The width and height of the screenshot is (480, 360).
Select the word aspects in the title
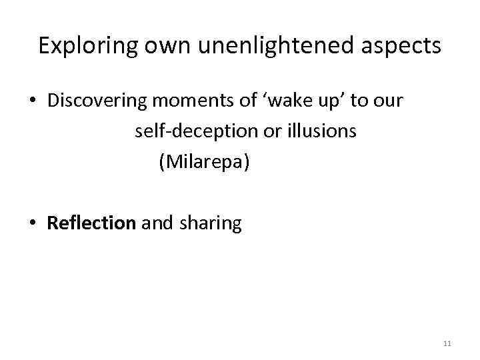click(x=399, y=45)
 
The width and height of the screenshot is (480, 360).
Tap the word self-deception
click(x=188, y=131)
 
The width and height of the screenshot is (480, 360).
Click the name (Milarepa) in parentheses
click(x=204, y=162)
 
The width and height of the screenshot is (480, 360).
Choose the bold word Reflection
click(x=91, y=223)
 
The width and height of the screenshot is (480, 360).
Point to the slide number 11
click(x=447, y=343)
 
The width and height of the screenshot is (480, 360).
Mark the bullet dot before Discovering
click(x=32, y=101)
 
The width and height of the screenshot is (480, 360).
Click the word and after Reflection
click(x=157, y=223)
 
